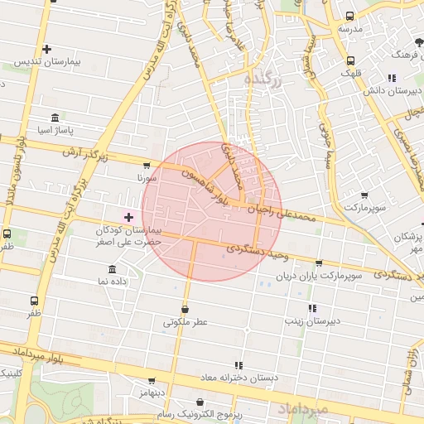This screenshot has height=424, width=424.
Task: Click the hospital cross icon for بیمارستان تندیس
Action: (x=47, y=50)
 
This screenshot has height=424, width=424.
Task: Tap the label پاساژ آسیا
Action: (x=59, y=131)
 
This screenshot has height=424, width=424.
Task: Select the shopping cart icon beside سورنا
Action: (x=147, y=165)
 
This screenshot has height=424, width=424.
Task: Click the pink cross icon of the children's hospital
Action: (x=128, y=217)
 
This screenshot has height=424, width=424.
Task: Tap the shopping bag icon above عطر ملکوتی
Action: (x=184, y=309)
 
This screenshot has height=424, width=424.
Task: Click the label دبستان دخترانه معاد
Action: (x=239, y=378)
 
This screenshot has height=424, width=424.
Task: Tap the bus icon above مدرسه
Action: (x=349, y=16)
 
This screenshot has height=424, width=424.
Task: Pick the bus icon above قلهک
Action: (x=350, y=60)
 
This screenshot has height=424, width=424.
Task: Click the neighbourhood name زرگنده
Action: (x=263, y=79)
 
